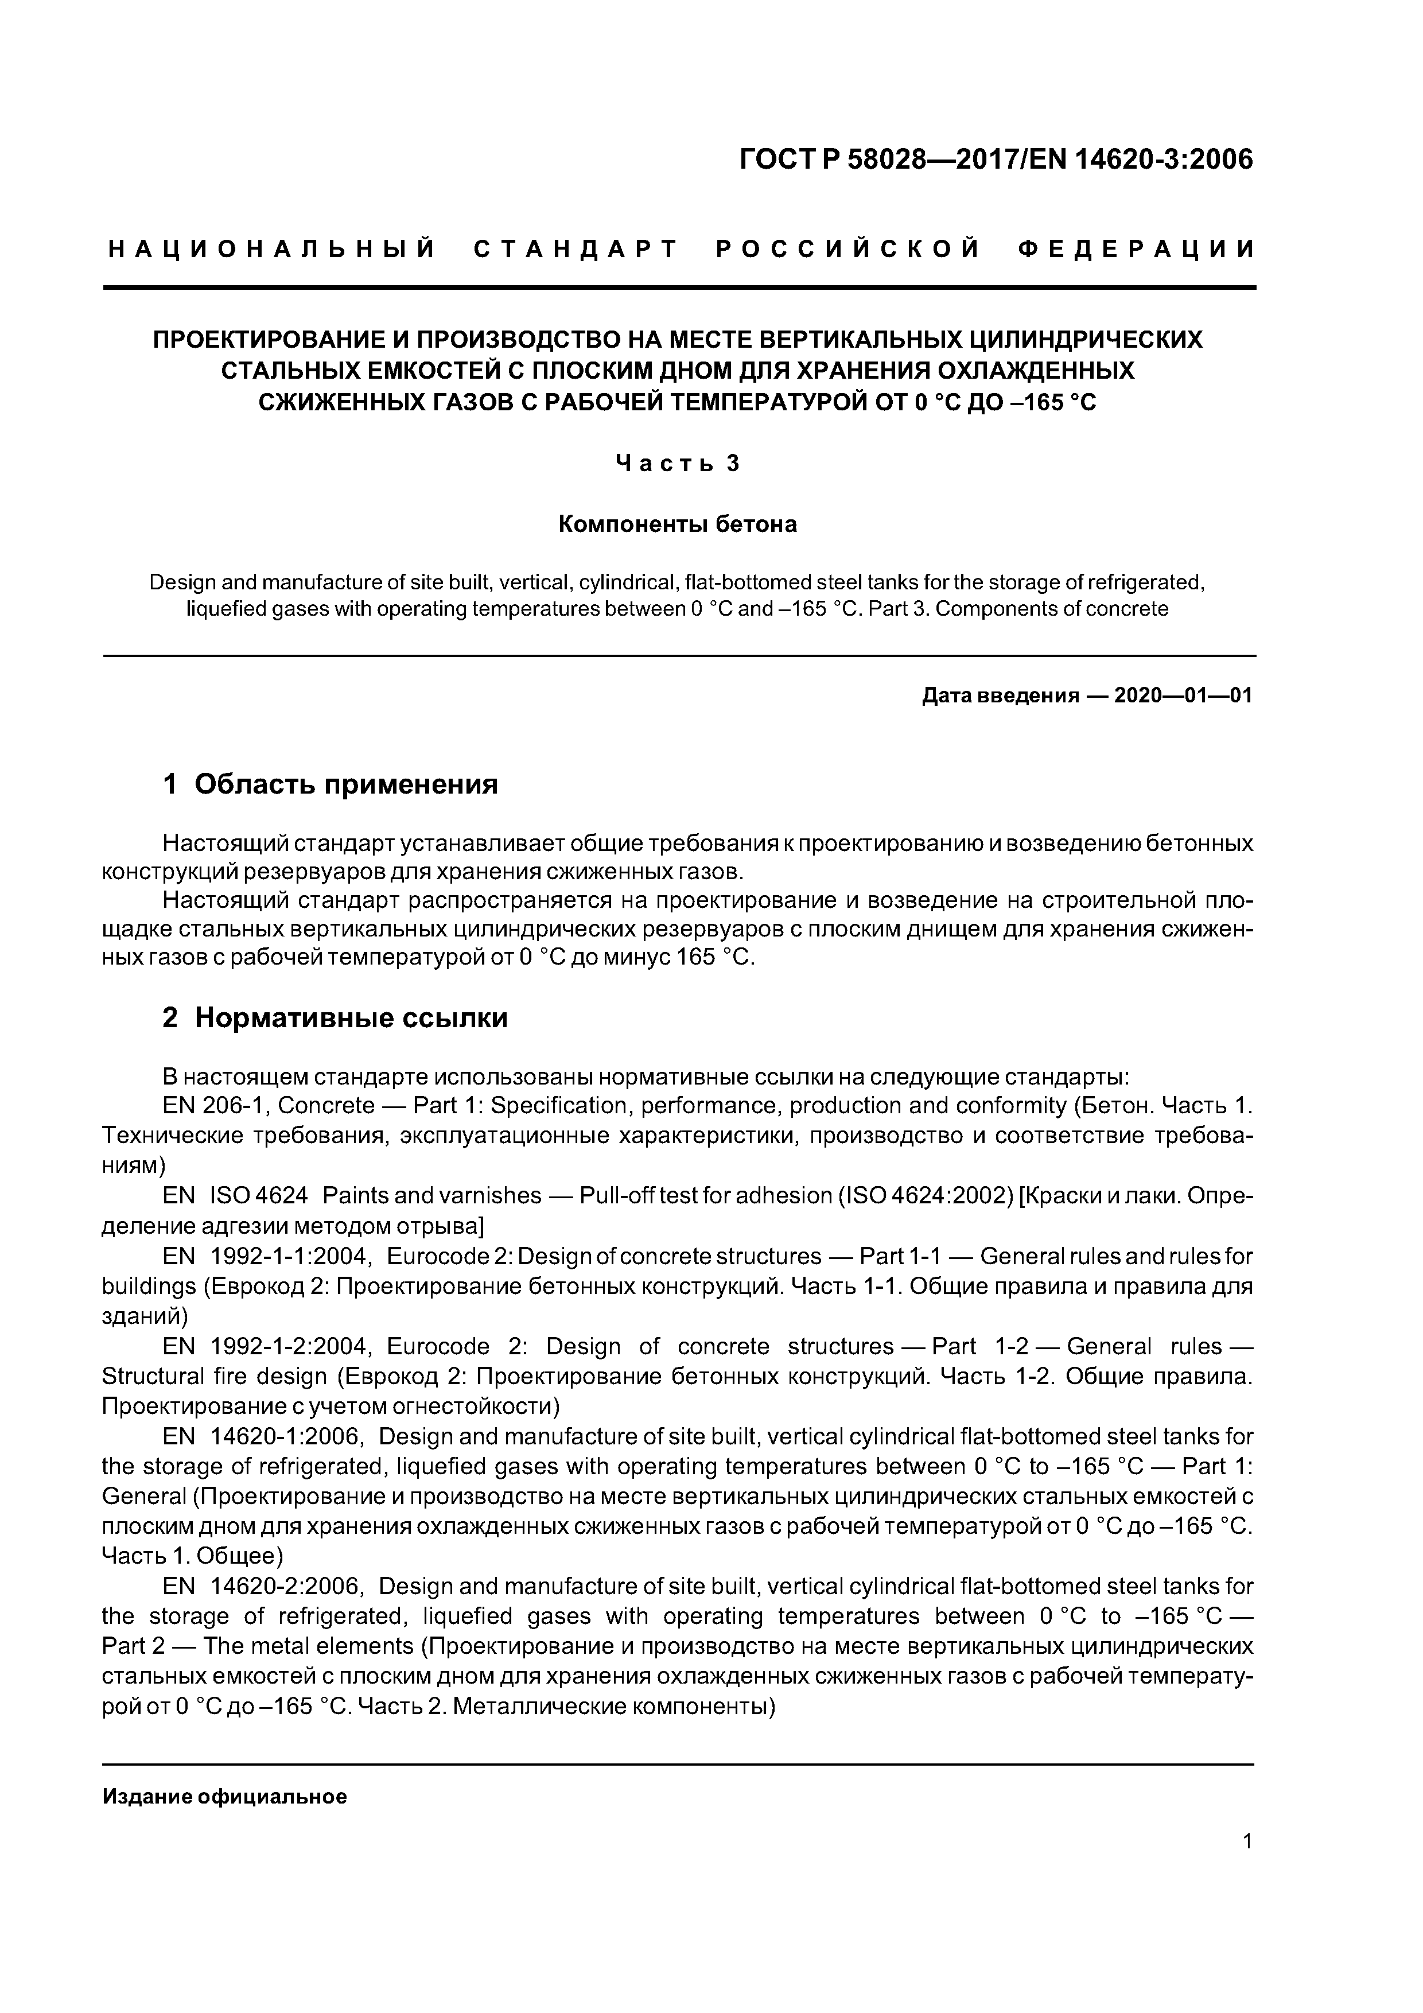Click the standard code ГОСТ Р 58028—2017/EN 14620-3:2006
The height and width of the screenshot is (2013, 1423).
(996, 160)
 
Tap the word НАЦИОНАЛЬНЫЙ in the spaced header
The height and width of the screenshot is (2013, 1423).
(272, 250)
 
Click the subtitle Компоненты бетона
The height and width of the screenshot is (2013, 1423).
(678, 524)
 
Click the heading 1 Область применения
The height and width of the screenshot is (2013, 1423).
(331, 784)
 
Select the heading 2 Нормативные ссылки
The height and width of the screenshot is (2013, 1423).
(336, 1018)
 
